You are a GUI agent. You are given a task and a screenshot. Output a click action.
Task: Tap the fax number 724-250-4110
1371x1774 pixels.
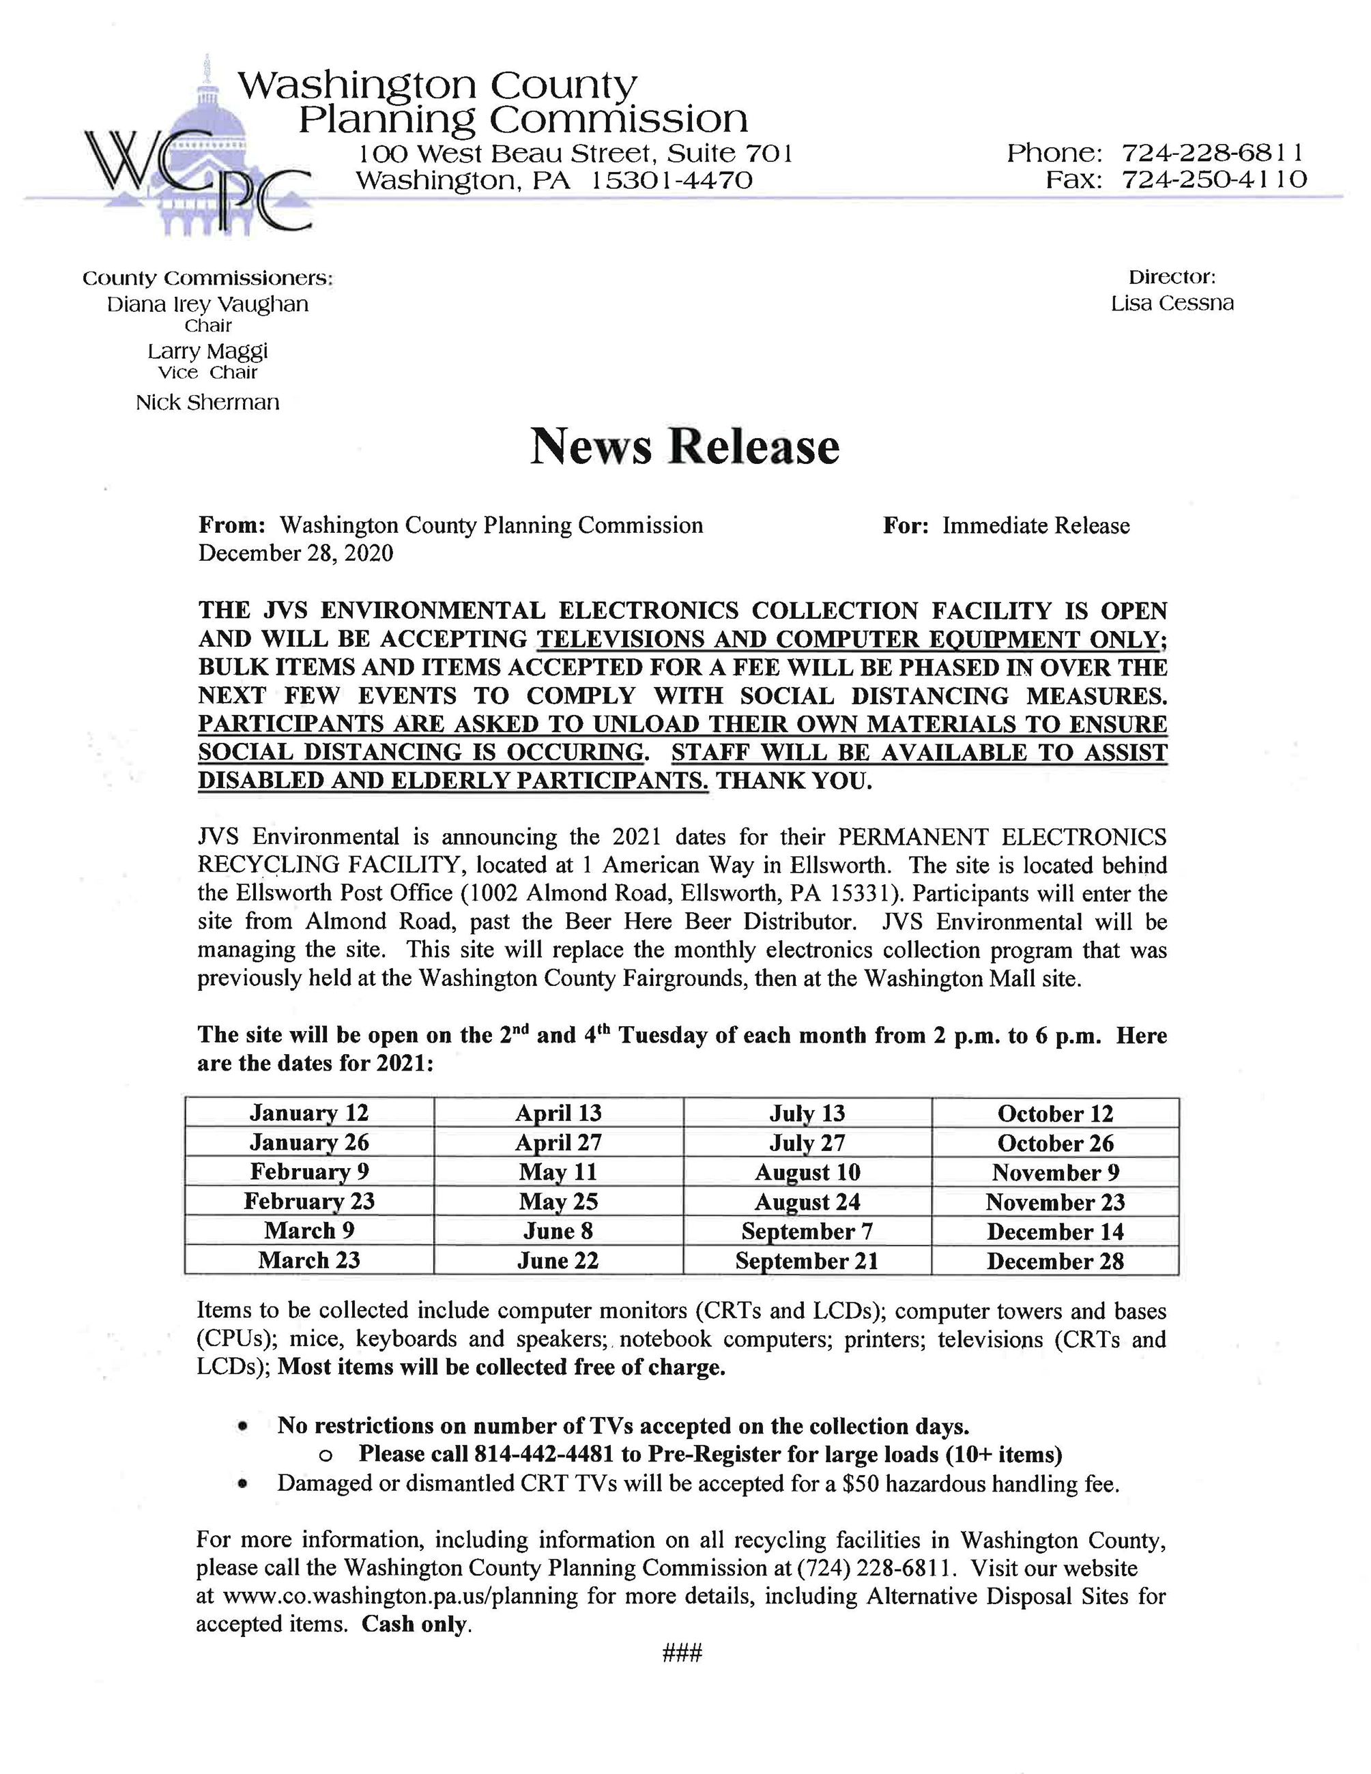pyautogui.click(x=1213, y=179)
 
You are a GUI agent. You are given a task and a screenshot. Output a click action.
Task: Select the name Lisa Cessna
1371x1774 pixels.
pyautogui.click(x=1172, y=304)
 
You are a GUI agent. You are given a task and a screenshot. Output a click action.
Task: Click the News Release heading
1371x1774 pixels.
pyautogui.click(x=684, y=447)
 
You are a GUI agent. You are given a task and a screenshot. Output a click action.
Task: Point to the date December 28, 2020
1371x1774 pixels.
pyautogui.click(x=295, y=553)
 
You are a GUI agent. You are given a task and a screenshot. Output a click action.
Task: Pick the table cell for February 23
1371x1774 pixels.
pyautogui.click(x=308, y=1202)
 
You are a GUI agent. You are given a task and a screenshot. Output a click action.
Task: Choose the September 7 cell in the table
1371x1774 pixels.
pyautogui.click(x=807, y=1232)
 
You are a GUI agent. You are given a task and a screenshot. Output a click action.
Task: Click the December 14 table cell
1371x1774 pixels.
pyautogui.click(x=1055, y=1232)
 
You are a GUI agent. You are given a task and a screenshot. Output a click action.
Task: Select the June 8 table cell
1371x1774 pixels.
pyautogui.click(x=558, y=1232)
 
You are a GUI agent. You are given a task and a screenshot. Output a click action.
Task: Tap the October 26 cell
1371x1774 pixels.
pyautogui.click(x=1055, y=1143)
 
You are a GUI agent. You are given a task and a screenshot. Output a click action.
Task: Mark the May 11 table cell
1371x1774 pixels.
pyautogui.click(x=558, y=1172)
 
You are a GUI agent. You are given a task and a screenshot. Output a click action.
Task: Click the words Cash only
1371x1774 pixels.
pyautogui.click(x=415, y=1625)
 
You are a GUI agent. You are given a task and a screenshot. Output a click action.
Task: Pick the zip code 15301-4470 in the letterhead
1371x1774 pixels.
pyautogui.click(x=671, y=180)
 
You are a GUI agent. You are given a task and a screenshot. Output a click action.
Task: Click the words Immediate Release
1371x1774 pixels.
pyautogui.click(x=1035, y=526)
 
